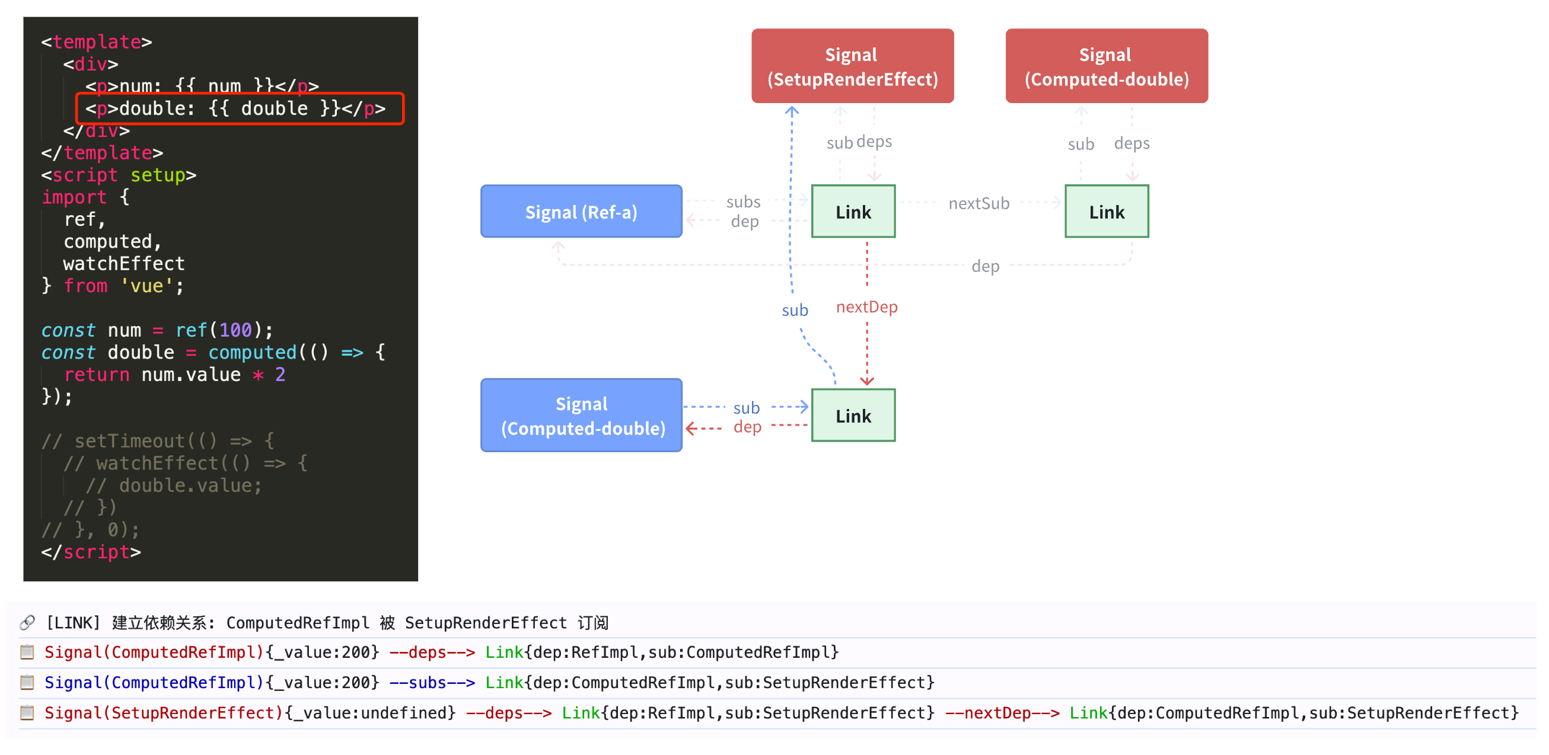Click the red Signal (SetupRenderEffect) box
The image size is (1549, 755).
[852, 66]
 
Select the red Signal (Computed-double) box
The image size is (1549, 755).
[1106, 66]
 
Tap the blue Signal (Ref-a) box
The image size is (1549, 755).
[581, 212]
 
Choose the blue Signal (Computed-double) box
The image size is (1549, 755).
[581, 415]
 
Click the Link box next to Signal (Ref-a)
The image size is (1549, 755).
[853, 212]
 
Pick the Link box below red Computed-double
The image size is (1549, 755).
[1106, 212]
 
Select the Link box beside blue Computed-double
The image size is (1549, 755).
[853, 415]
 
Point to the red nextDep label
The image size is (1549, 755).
[866, 307]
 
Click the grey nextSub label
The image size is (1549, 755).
[979, 204]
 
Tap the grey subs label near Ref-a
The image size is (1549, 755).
[742, 202]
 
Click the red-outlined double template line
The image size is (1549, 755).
[240, 109]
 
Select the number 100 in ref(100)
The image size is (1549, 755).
[234, 330]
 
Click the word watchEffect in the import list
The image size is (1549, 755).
[124, 264]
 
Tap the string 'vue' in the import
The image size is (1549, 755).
[146, 286]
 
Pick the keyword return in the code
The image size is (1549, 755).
[96, 375]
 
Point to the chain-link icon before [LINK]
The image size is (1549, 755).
[27, 622]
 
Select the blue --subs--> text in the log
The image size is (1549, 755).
[432, 683]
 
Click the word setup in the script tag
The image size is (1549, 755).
[158, 175]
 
